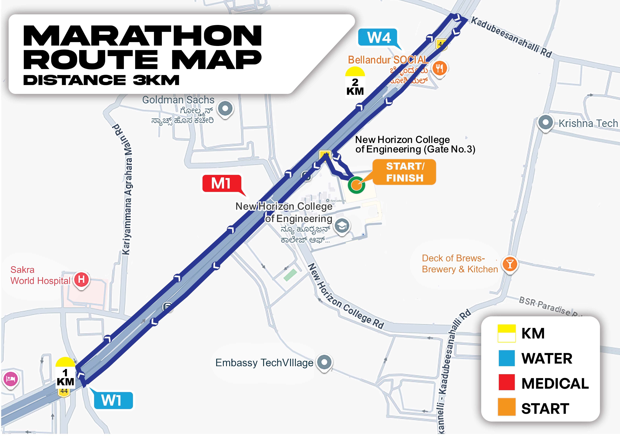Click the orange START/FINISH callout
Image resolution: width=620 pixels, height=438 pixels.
click(x=404, y=172)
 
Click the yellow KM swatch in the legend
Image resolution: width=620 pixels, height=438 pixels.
click(x=507, y=333)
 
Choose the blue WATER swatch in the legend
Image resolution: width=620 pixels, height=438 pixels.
click(x=507, y=358)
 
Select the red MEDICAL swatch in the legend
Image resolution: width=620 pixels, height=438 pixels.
click(x=507, y=382)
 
